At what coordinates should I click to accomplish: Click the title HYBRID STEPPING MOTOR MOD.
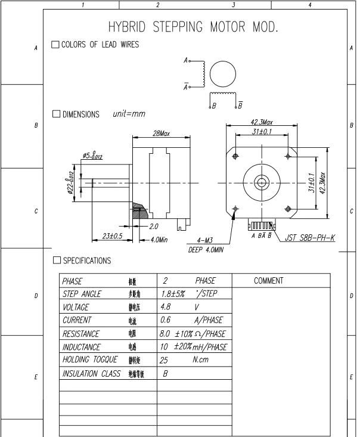pyautogui.click(x=194, y=27)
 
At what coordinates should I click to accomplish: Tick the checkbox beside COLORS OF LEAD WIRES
pyautogui.click(x=55, y=45)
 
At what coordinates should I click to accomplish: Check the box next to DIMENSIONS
pyautogui.click(x=57, y=114)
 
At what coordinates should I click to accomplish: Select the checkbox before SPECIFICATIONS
pyautogui.click(x=57, y=261)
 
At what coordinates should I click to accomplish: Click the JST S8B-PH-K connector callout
pyautogui.click(x=309, y=238)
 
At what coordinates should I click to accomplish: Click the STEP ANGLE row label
pyautogui.click(x=82, y=294)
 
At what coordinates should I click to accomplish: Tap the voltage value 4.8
pyautogui.click(x=166, y=307)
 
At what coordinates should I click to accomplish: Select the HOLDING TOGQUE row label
pyautogui.click(x=89, y=359)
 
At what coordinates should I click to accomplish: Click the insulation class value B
pyautogui.click(x=166, y=373)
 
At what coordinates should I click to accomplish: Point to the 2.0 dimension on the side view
pyautogui.click(x=153, y=227)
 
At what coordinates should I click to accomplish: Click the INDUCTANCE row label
pyautogui.click(x=82, y=346)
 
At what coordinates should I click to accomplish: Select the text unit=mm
pyautogui.click(x=128, y=114)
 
